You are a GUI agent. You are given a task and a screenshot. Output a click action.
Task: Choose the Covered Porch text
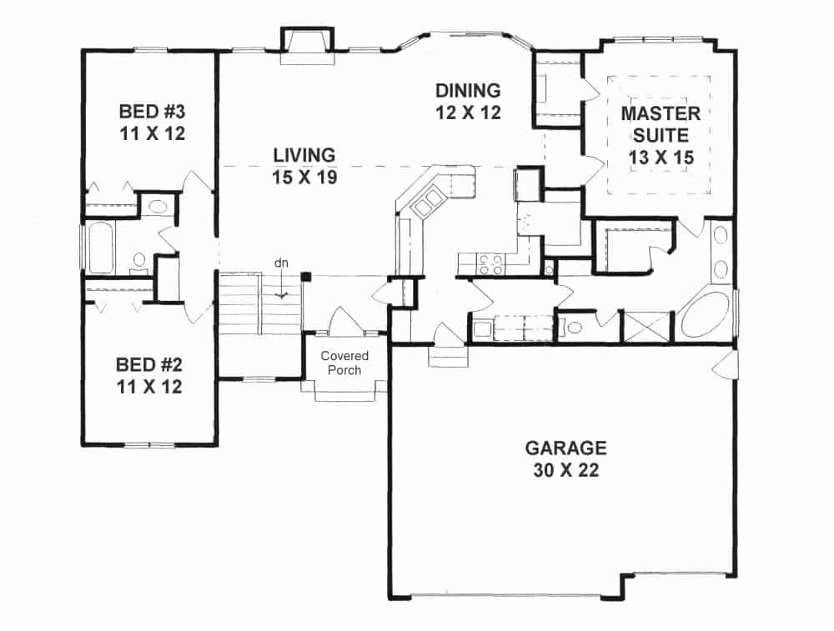(344, 363)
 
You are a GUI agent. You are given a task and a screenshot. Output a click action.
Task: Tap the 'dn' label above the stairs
(281, 263)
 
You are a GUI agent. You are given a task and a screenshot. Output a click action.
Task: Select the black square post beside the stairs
(306, 276)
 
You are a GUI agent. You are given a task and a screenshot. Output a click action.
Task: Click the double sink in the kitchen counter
(433, 201)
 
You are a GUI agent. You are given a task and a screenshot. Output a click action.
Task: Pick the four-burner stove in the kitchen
(490, 264)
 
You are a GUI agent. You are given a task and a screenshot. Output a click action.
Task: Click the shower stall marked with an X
(648, 326)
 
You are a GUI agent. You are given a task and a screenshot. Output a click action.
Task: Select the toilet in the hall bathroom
(140, 260)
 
